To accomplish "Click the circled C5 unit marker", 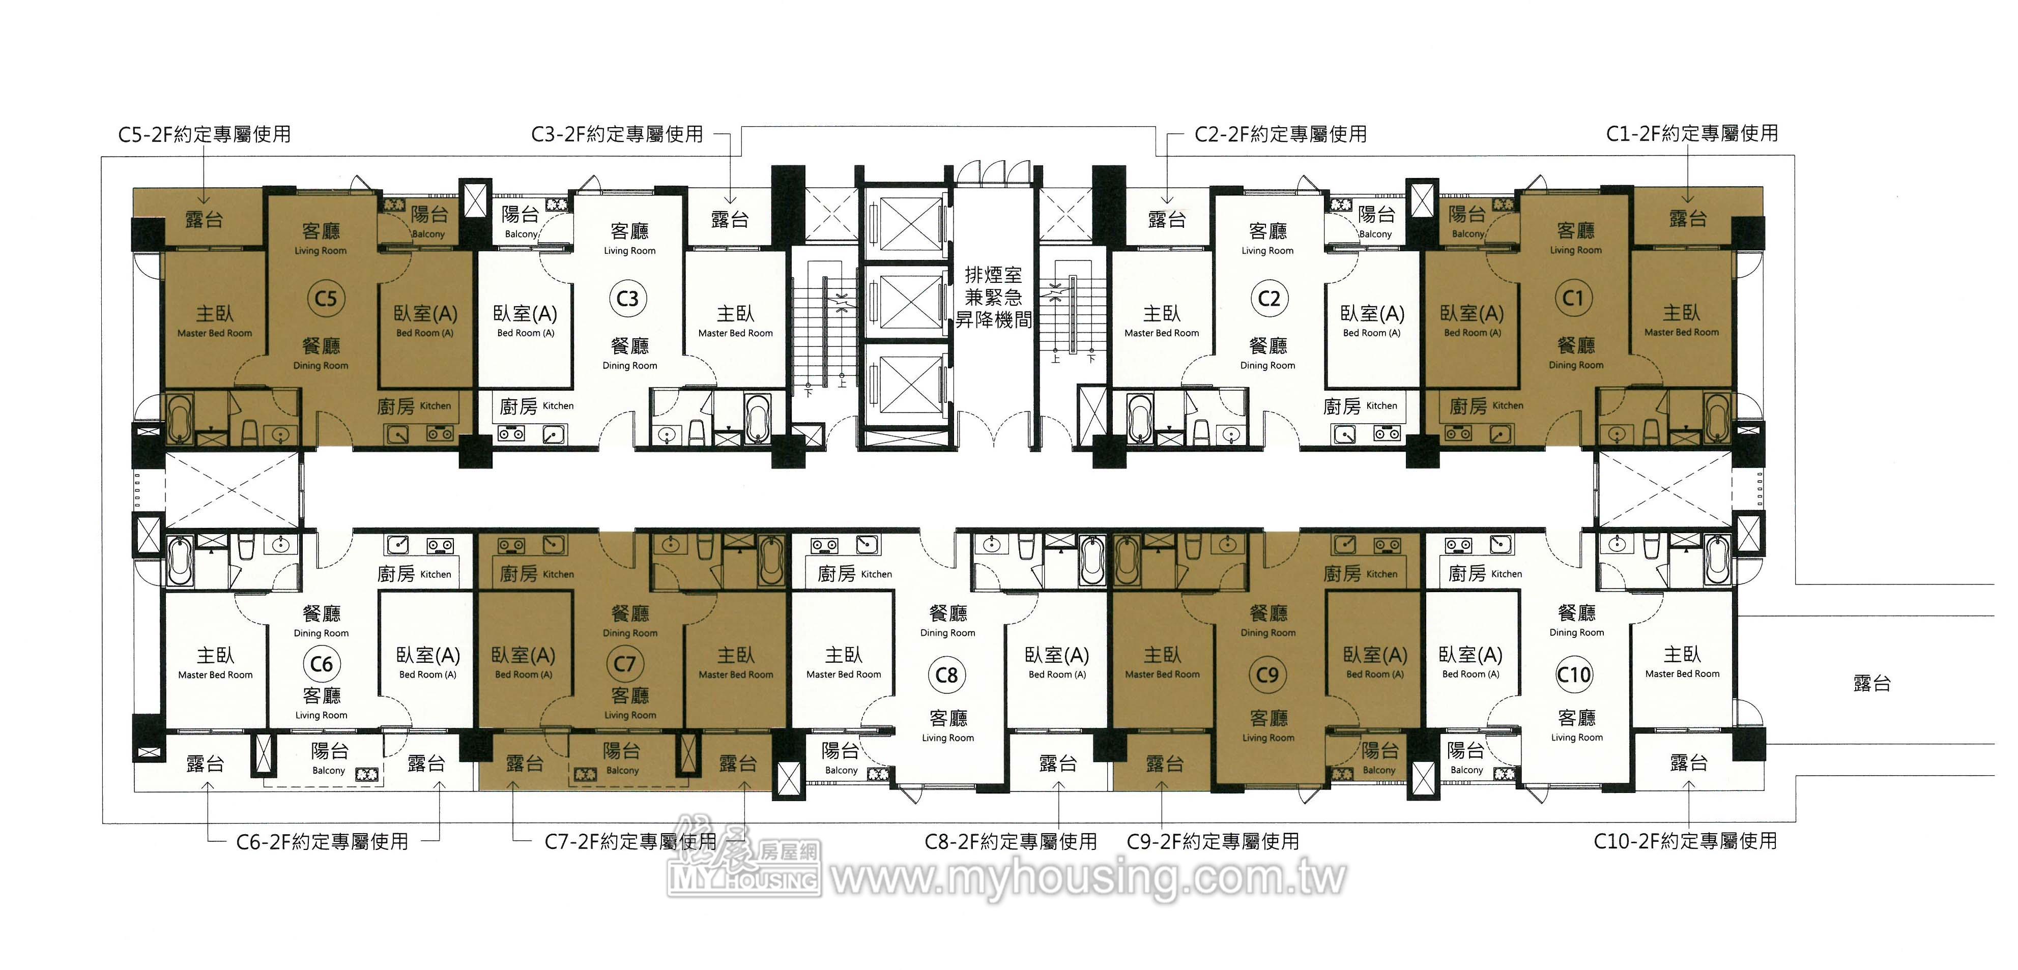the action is (325, 298).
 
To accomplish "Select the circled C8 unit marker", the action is (946, 675).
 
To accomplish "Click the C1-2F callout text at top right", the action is (1691, 133).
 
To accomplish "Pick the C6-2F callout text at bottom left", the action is (322, 842).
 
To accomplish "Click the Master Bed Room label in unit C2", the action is (1161, 333).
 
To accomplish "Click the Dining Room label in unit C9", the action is (1267, 633).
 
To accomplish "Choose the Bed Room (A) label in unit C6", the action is (428, 674).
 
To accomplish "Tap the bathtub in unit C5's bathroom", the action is (180, 419).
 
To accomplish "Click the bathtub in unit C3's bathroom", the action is (758, 419).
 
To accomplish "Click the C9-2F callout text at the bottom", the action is (1213, 842).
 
